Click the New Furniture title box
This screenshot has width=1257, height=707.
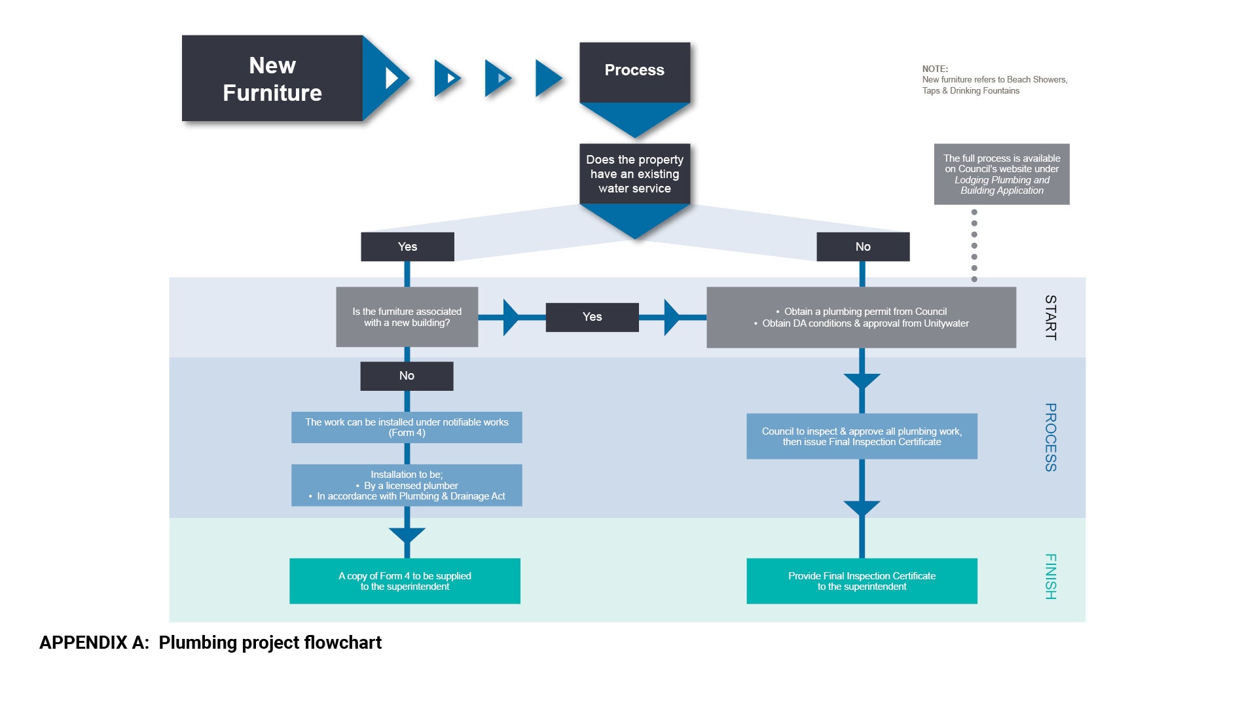[x=272, y=79]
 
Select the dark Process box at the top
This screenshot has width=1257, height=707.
[x=634, y=71]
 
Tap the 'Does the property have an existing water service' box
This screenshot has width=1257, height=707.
[x=634, y=174]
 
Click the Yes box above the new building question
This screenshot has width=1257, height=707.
[x=407, y=247]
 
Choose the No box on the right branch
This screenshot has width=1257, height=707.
[x=863, y=247]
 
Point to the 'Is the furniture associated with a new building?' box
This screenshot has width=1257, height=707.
[x=407, y=317]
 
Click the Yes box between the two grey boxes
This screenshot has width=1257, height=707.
[x=592, y=317]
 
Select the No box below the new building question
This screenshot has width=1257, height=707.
[x=407, y=376]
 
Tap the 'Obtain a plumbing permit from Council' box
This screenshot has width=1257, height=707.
[x=861, y=317]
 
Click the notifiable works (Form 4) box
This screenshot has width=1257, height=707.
[x=407, y=427]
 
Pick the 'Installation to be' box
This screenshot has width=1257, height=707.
[x=407, y=485]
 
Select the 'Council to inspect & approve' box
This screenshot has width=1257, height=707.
[x=862, y=437]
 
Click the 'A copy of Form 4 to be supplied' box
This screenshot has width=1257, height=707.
[x=405, y=581]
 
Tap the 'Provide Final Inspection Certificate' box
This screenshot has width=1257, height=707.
[x=862, y=581]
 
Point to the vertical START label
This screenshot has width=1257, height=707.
[x=1050, y=317]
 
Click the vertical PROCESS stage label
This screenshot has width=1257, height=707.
[x=1050, y=437]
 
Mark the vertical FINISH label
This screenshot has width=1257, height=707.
[x=1050, y=577]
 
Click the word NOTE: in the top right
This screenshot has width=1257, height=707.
[x=935, y=69]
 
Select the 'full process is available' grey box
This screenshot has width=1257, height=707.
[x=1002, y=174]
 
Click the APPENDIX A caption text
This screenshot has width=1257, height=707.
[x=210, y=643]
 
